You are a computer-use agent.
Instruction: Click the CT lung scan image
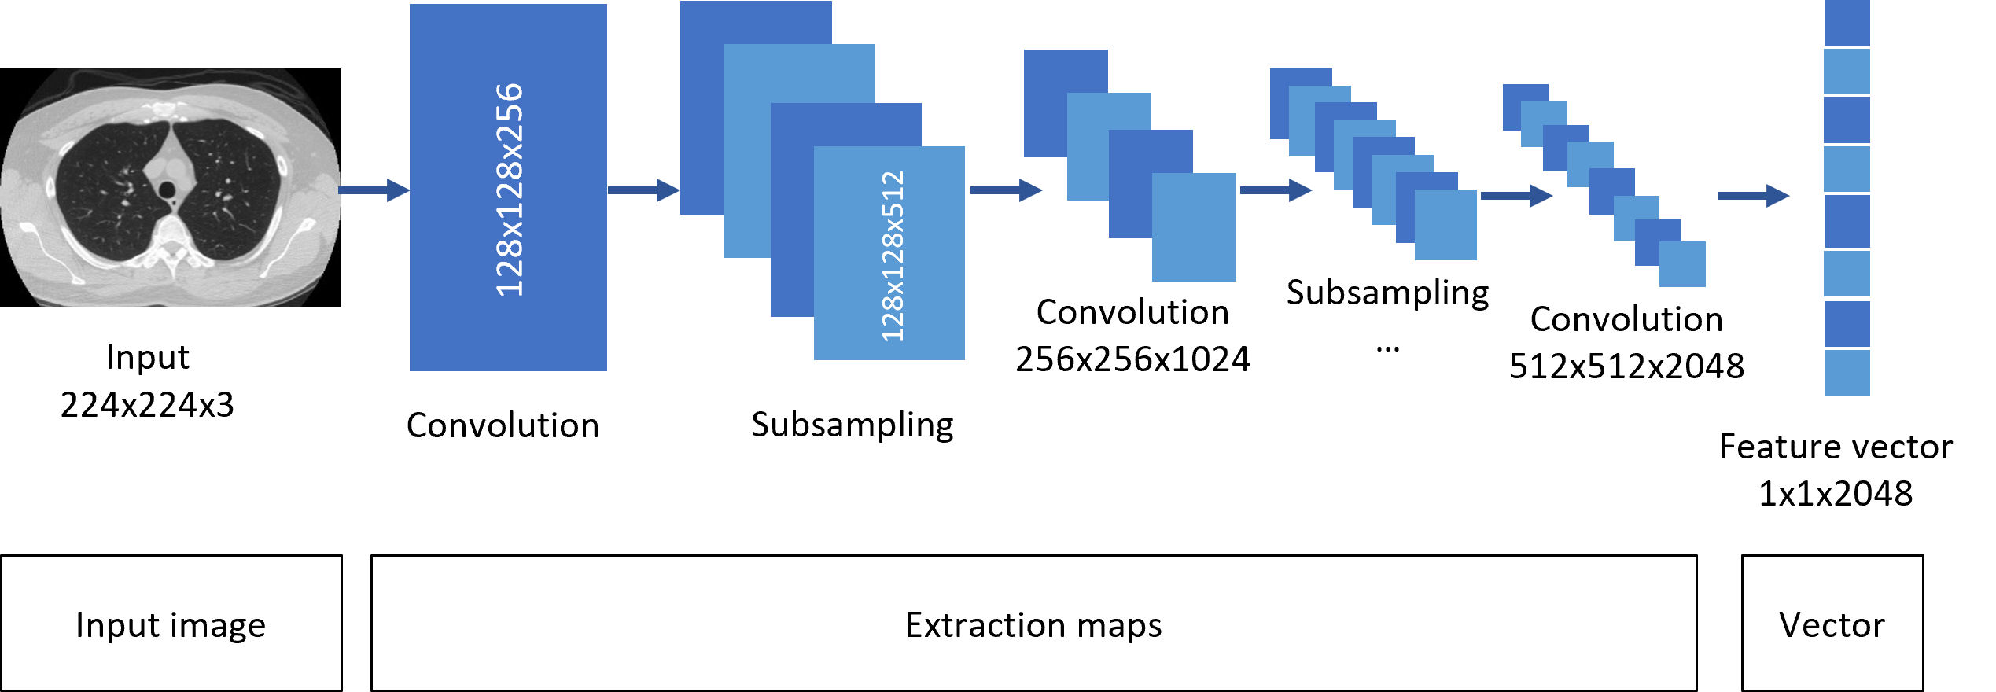[170, 187]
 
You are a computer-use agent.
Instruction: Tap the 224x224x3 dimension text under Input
[147, 405]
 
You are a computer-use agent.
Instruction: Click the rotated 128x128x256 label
[509, 189]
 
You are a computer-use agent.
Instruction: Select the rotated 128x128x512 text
[892, 256]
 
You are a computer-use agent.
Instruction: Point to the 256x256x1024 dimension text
[1132, 359]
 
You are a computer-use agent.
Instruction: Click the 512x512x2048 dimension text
[1626, 366]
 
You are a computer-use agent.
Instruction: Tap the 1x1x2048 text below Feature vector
[1836, 494]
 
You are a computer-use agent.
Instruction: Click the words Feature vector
[1836, 447]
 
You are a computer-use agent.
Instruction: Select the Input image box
[171, 624]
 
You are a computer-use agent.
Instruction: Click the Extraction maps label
[1033, 625]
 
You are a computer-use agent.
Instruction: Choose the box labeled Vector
[1832, 624]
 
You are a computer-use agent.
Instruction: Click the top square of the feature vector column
[1847, 23]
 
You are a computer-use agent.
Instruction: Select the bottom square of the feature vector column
[1847, 373]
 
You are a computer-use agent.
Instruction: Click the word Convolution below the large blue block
[503, 425]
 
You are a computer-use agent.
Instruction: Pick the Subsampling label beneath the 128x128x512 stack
[853, 425]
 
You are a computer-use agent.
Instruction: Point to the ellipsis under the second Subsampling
[1387, 348]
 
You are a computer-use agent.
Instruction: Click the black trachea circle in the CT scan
[167, 190]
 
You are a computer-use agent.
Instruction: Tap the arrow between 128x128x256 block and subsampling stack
[643, 190]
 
